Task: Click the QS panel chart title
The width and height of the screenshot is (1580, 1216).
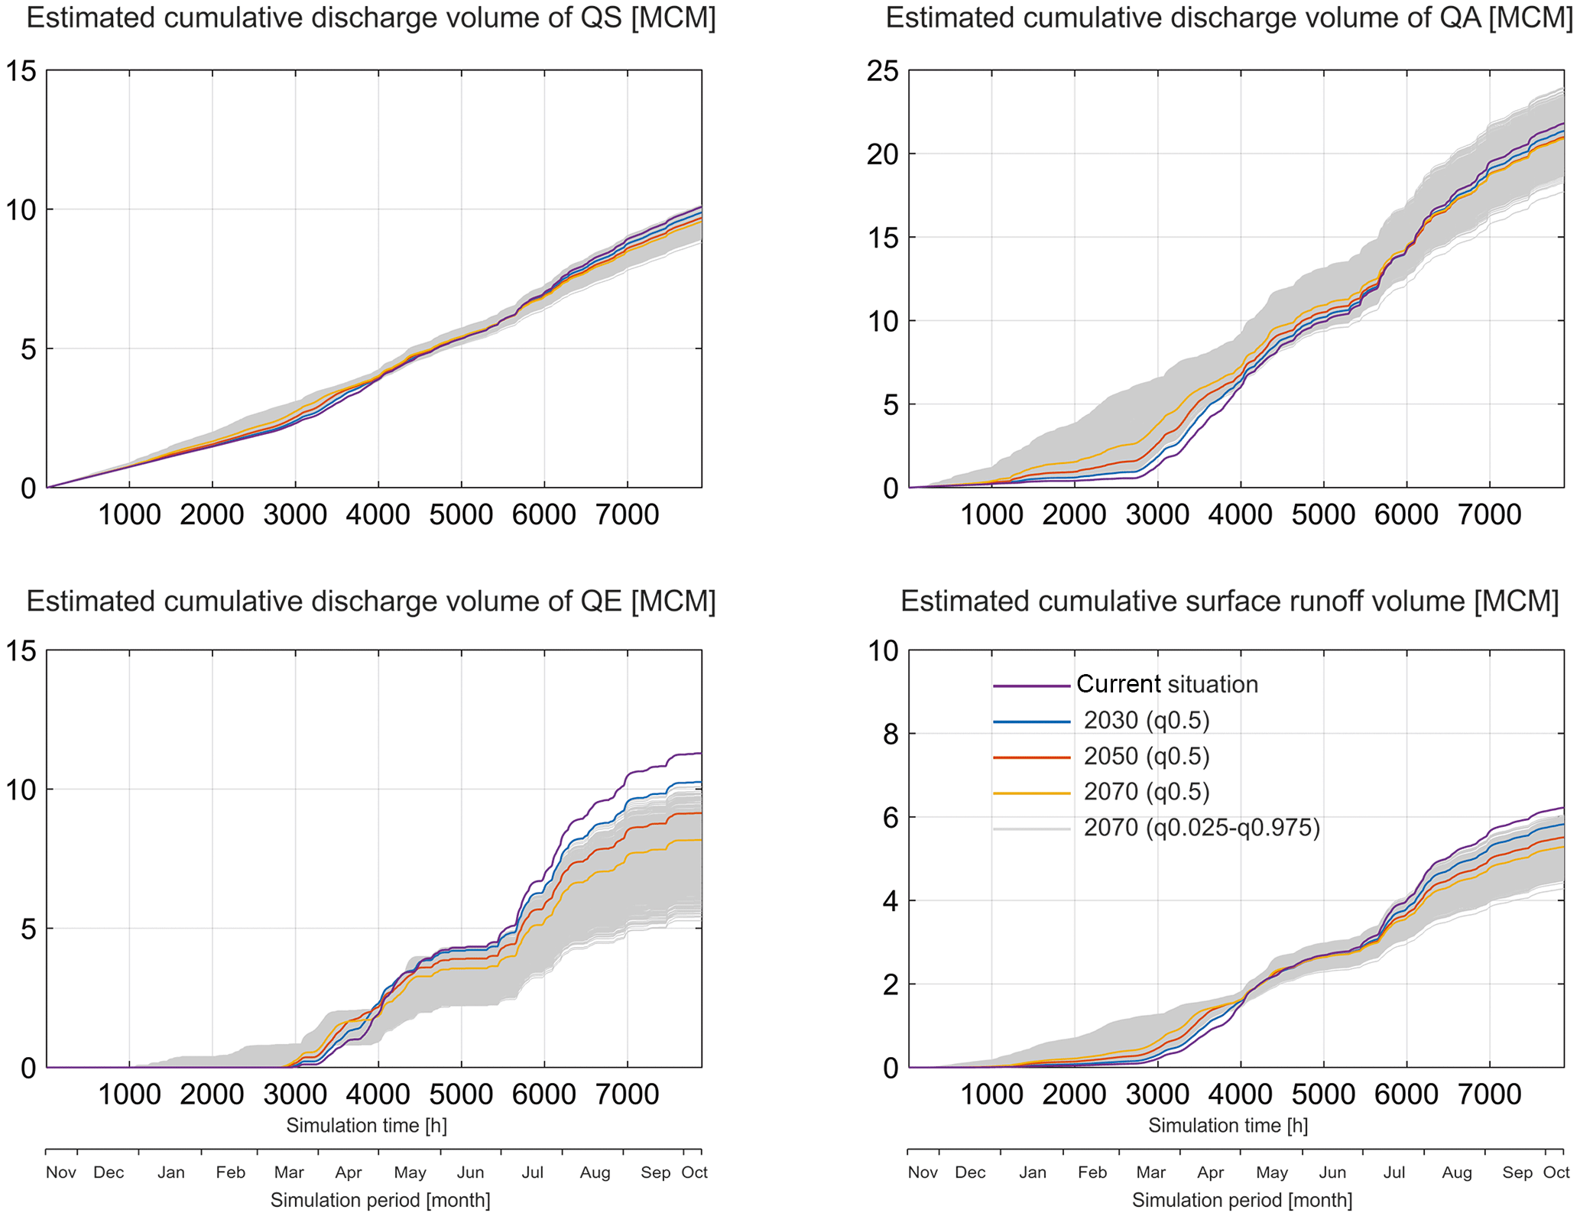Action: point(371,18)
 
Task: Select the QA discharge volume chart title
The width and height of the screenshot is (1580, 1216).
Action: point(1228,18)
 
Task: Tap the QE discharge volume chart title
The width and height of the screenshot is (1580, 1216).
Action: point(371,602)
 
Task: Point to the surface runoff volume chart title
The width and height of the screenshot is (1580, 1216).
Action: point(1229,602)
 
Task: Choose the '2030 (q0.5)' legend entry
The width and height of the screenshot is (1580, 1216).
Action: point(1146,720)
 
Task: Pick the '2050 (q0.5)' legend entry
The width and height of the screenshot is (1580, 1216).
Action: point(1146,756)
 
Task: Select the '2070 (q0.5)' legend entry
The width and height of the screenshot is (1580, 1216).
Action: point(1146,792)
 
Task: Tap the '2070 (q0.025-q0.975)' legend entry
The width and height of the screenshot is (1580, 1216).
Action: point(1201,828)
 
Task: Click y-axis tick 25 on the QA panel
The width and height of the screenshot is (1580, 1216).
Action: point(882,71)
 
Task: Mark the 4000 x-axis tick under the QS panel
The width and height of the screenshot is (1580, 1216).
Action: point(378,515)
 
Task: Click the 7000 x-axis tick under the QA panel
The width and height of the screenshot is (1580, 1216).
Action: point(1489,515)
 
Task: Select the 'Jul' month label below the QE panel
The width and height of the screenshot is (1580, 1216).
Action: point(532,1172)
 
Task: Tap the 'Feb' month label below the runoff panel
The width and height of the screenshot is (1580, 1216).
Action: point(1092,1172)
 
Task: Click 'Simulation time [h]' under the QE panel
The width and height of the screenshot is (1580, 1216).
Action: point(367,1126)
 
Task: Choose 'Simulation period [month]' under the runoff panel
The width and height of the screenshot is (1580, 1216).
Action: point(1242,1200)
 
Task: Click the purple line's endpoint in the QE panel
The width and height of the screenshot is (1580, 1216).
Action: point(700,754)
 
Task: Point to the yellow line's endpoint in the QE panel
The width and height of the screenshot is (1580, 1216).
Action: point(700,840)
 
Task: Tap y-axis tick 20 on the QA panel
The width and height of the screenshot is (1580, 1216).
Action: point(882,154)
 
